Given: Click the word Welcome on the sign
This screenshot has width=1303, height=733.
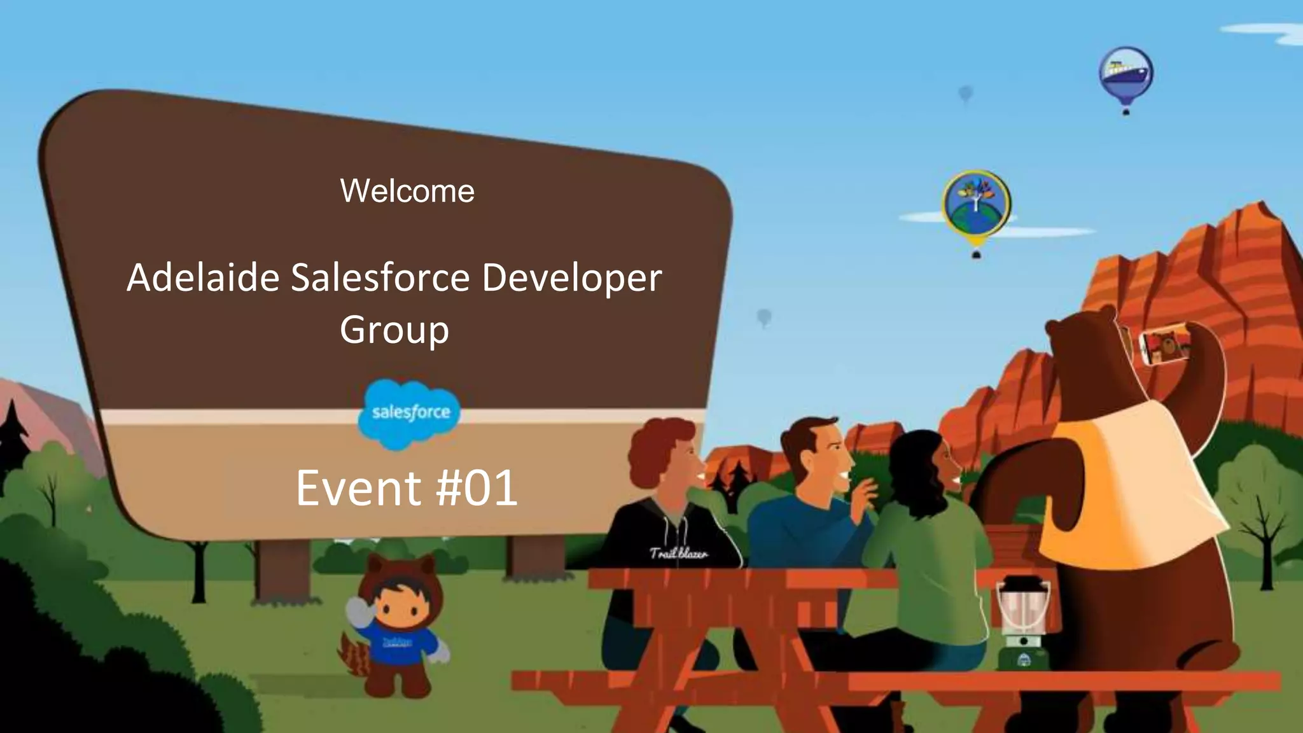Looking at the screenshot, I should (407, 191).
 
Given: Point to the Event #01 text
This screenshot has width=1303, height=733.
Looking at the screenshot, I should (407, 488).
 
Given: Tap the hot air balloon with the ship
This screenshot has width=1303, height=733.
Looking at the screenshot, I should (1125, 73).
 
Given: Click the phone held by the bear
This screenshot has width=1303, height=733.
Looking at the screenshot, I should (1164, 347).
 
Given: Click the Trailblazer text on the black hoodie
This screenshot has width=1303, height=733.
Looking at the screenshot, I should (678, 553).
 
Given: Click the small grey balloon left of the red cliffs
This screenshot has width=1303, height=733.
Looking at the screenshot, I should (764, 316).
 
